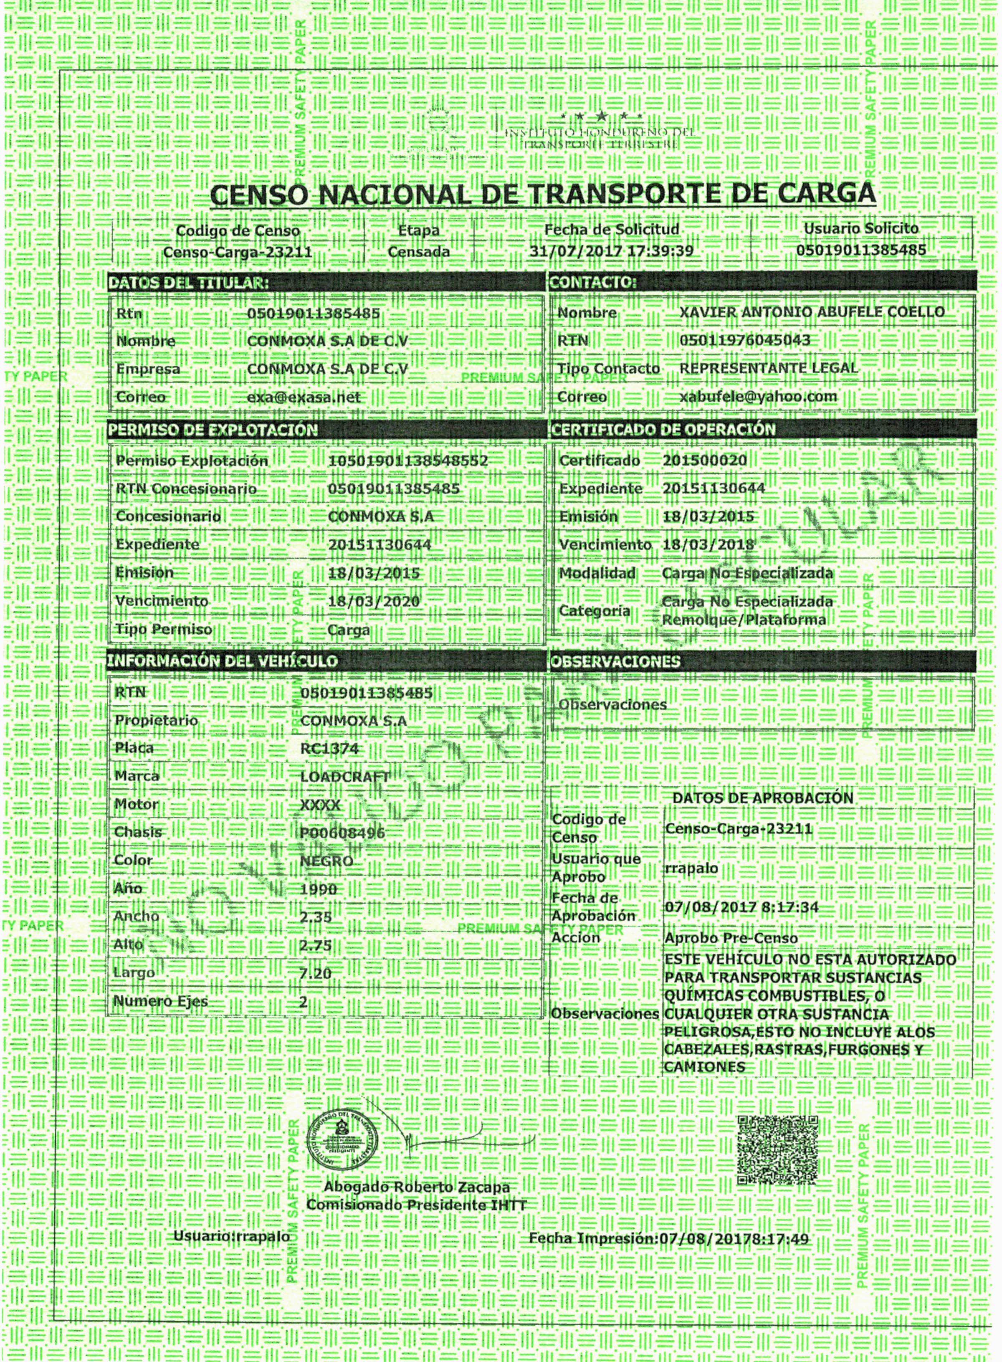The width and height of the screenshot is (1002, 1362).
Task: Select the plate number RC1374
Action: pyautogui.click(x=329, y=749)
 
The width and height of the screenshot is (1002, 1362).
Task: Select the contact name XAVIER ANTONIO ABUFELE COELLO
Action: pyautogui.click(x=812, y=312)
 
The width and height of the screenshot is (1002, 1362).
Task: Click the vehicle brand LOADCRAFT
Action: pyautogui.click(x=344, y=777)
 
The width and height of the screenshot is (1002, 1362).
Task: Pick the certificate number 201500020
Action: pyautogui.click(x=704, y=461)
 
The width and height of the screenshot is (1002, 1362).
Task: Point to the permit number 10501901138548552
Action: pyautogui.click(x=407, y=461)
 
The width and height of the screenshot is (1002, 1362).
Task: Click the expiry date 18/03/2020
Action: pyautogui.click(x=374, y=602)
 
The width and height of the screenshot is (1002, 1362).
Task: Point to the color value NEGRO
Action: pyautogui.click(x=326, y=861)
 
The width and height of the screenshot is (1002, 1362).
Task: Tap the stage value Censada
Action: pyautogui.click(x=418, y=251)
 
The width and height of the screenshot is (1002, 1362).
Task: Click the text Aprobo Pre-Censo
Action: pyautogui.click(x=731, y=938)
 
